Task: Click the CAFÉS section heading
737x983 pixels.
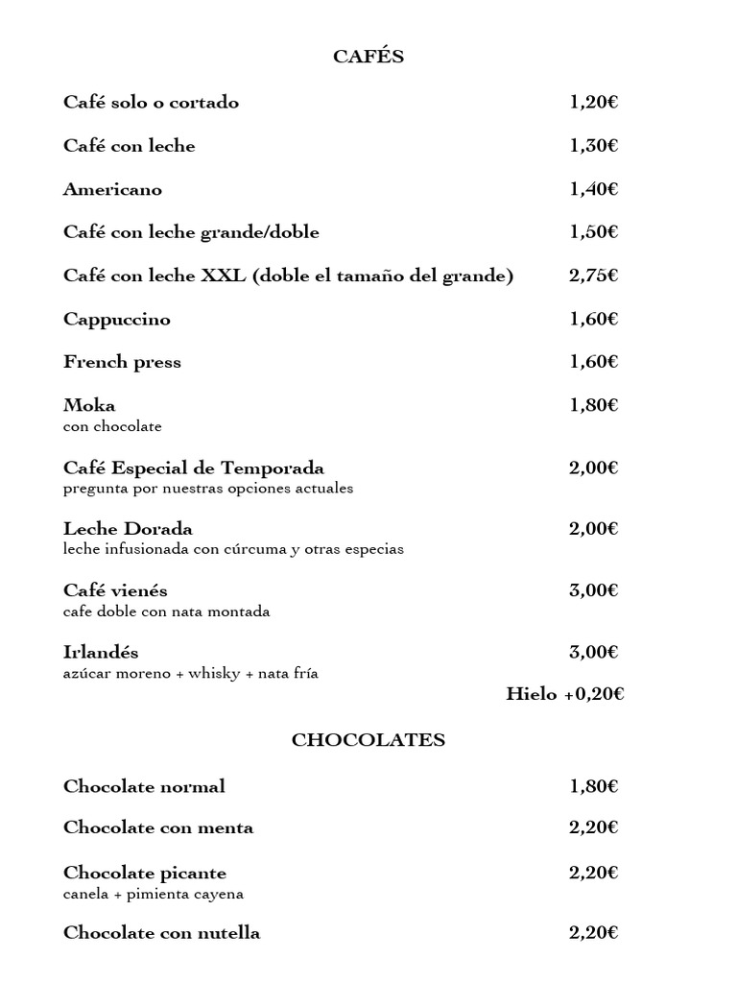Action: [368, 58]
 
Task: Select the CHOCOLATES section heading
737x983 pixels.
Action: [368, 740]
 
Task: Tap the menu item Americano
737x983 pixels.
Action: [112, 190]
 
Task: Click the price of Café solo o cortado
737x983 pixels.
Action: [593, 103]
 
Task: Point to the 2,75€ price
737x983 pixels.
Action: [593, 276]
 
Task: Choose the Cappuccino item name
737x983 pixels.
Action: [117, 320]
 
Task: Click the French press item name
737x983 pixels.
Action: [122, 363]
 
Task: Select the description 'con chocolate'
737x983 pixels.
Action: [112, 427]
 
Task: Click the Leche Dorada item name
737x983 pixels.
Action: [128, 529]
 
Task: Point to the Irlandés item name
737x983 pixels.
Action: [101, 653]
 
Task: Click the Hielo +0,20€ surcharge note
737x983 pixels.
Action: [565, 694]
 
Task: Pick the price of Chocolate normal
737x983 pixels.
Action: [593, 787]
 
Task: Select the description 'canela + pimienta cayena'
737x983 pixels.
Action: [154, 895]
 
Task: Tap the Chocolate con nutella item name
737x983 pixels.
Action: [161, 933]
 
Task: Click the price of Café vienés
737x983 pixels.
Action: [593, 590]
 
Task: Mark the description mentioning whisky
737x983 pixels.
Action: [191, 674]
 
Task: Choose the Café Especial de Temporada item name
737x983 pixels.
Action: [194, 468]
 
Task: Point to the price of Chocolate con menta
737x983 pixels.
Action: [593, 827]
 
